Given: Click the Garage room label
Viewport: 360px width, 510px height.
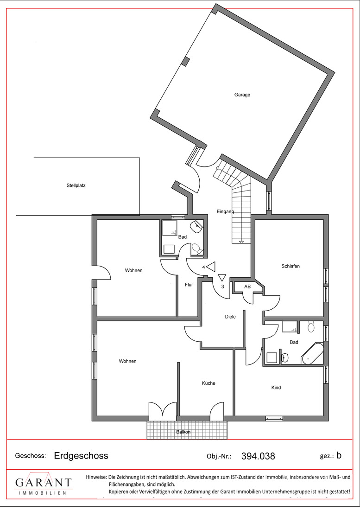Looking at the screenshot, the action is tap(242, 95).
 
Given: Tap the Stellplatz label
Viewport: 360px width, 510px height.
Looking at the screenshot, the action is tap(76, 186).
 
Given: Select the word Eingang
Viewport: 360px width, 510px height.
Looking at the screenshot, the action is tap(225, 212).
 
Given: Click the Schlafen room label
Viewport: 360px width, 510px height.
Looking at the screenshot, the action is tap(291, 266).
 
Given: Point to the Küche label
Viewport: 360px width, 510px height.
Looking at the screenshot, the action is tap(208, 383).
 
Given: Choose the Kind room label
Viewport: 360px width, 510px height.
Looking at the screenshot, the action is tap(276, 388).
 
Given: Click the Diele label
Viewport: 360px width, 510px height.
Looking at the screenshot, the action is tap(230, 317).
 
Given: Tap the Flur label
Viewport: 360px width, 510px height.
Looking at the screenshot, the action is tap(189, 285).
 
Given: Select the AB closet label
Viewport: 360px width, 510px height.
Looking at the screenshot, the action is tap(247, 287).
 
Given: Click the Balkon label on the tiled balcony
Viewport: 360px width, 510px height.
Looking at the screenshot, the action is tap(183, 432).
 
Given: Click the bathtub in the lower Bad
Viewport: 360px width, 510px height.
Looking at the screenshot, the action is tap(313, 354).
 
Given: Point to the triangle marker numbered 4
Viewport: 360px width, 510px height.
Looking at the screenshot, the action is tap(210, 267).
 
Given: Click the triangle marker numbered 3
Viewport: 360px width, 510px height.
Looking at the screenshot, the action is tap(222, 277).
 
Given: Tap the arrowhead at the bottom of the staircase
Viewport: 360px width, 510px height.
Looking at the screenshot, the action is tap(241, 242).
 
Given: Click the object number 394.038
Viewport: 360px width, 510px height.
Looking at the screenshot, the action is tap(258, 456).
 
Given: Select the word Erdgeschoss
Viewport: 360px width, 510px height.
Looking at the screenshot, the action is tap(81, 456).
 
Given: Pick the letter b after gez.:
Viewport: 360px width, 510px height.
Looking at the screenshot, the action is tap(339, 455).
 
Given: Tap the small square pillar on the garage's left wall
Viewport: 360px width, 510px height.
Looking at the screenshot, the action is tap(186, 62).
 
